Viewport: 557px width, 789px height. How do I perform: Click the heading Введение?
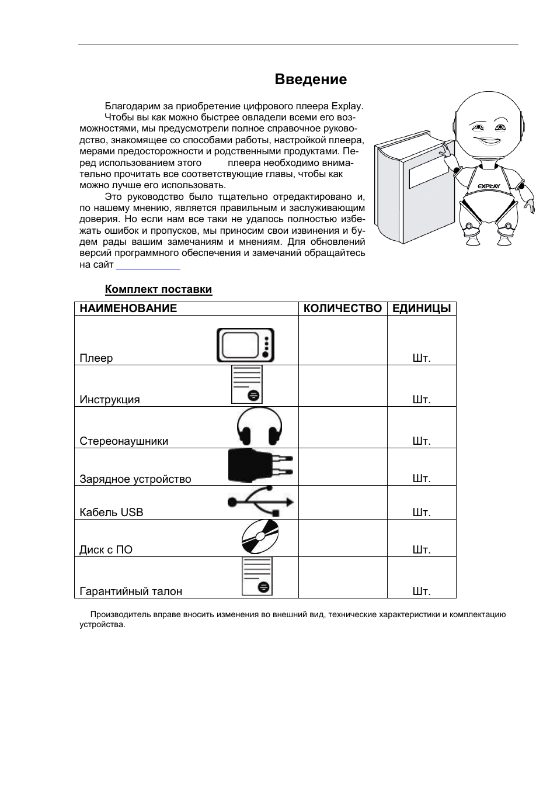310,79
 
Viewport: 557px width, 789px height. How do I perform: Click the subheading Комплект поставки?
158,289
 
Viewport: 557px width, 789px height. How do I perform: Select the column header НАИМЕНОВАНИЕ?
128,309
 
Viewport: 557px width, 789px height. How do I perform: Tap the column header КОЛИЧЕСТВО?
343,309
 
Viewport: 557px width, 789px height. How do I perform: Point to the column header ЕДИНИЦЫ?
421,309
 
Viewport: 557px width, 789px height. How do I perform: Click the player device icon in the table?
245,345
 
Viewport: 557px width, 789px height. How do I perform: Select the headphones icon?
259,427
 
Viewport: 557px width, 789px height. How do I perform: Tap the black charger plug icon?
260,466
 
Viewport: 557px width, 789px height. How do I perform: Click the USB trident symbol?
260,501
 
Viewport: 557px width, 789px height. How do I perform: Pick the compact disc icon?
260,537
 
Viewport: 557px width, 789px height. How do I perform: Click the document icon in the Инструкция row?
246,385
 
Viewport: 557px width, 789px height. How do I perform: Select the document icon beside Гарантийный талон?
257,576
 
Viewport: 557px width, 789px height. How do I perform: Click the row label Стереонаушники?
124,441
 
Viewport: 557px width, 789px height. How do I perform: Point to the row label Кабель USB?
111,513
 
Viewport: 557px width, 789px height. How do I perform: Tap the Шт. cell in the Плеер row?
421,358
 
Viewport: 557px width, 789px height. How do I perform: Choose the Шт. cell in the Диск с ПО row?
421,550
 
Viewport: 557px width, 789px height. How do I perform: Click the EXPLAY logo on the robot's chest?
488,186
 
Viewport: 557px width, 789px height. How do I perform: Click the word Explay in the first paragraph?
347,106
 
